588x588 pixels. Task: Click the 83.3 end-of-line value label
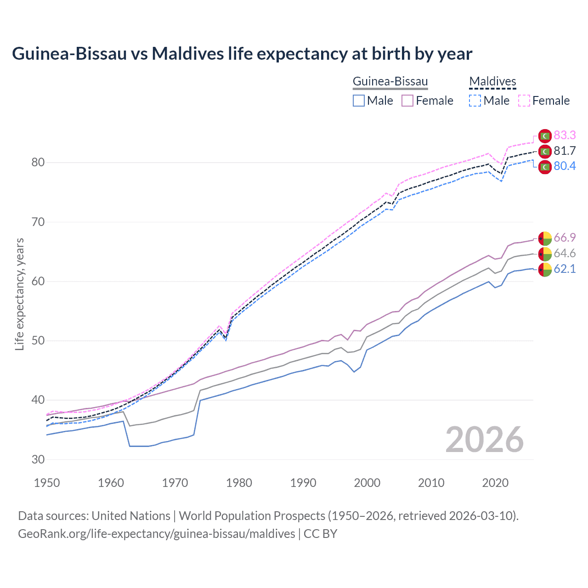coord(565,135)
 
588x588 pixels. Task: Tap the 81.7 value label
coord(565,151)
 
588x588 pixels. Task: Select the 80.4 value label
coord(565,166)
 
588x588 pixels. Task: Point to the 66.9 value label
coord(565,237)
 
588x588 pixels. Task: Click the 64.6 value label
coord(565,253)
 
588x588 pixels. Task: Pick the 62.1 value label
coord(565,269)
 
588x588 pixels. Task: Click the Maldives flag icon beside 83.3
coord(545,136)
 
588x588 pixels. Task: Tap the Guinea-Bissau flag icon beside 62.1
coord(545,270)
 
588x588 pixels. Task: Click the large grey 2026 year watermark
coord(485,440)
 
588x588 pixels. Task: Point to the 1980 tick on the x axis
coord(239,483)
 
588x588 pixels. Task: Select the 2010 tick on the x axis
coord(431,483)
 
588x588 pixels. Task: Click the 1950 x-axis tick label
coord(47,483)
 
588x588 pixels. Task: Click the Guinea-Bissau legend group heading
coord(390,82)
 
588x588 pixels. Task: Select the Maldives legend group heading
coord(492,82)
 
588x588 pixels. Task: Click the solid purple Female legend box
coord(407,101)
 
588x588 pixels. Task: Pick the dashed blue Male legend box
coord(475,101)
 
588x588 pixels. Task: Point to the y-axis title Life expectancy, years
coord(20,294)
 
